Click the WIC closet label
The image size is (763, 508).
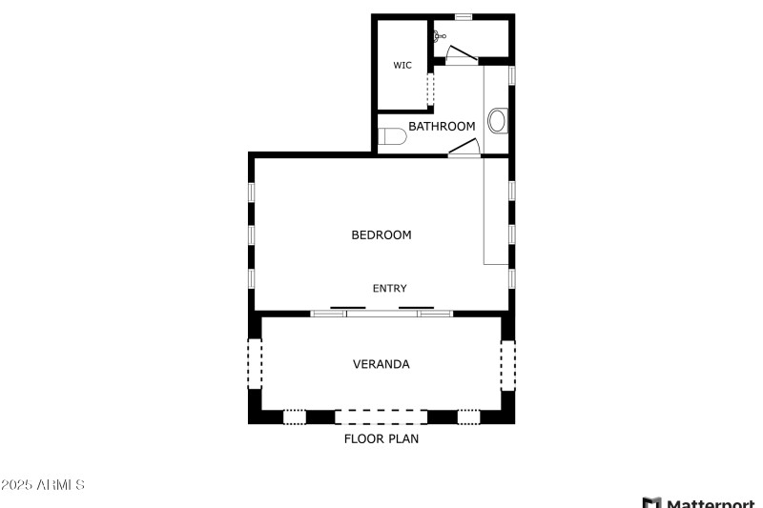[x=402, y=66]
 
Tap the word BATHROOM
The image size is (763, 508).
[x=442, y=126]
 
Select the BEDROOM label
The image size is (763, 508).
[x=381, y=234]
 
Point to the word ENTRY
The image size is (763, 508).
[x=389, y=288]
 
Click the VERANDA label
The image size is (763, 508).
[x=381, y=364]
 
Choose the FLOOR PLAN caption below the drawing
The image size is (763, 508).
[x=381, y=439]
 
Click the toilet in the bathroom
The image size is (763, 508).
[x=392, y=137]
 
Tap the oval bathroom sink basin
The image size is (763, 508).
[x=497, y=121]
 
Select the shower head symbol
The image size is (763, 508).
[x=439, y=36]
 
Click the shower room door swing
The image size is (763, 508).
[x=463, y=55]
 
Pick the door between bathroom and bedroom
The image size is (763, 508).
[x=464, y=147]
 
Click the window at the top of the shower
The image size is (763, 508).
[x=463, y=16]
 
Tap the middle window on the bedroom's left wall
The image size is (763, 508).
[x=252, y=234]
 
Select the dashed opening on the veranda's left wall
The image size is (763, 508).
[x=255, y=364]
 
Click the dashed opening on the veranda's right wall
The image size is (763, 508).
[x=508, y=364]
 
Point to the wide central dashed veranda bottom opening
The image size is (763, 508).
[x=381, y=417]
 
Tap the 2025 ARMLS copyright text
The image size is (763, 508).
[x=43, y=485]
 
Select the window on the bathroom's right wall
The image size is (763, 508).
[x=512, y=73]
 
